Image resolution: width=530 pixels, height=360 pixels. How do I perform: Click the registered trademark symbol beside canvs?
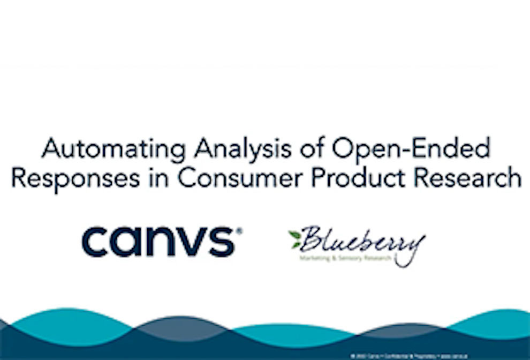239,231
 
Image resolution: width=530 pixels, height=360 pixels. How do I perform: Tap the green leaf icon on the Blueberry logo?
295,238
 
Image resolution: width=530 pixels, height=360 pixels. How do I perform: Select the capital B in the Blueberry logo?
311,239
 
